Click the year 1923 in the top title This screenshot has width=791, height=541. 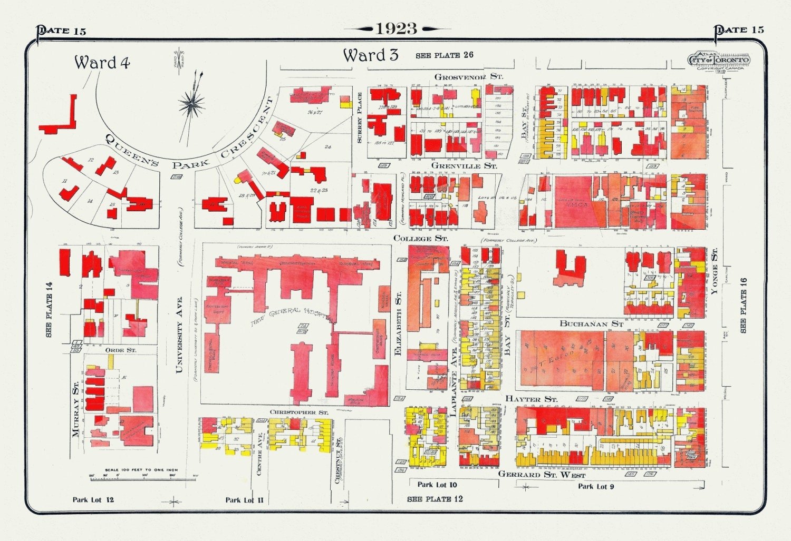[396, 28]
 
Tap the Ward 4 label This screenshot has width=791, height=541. [102, 63]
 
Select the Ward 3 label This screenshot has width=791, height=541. [370, 55]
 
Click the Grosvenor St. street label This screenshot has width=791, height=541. [468, 77]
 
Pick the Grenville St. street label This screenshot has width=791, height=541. [464, 165]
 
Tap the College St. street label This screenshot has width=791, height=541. [420, 238]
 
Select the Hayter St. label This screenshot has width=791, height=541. [531, 399]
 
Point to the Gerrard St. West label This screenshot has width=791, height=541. [542, 474]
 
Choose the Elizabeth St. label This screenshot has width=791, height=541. [399, 323]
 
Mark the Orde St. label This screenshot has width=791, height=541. [120, 350]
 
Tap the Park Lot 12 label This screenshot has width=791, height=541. [93, 499]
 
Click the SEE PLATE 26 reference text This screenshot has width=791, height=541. [444, 55]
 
